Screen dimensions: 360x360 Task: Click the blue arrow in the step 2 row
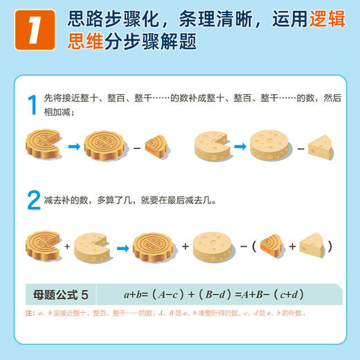[120, 246]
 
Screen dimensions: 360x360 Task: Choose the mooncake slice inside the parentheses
[274, 245]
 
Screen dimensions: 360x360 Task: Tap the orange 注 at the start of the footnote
[28, 313]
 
